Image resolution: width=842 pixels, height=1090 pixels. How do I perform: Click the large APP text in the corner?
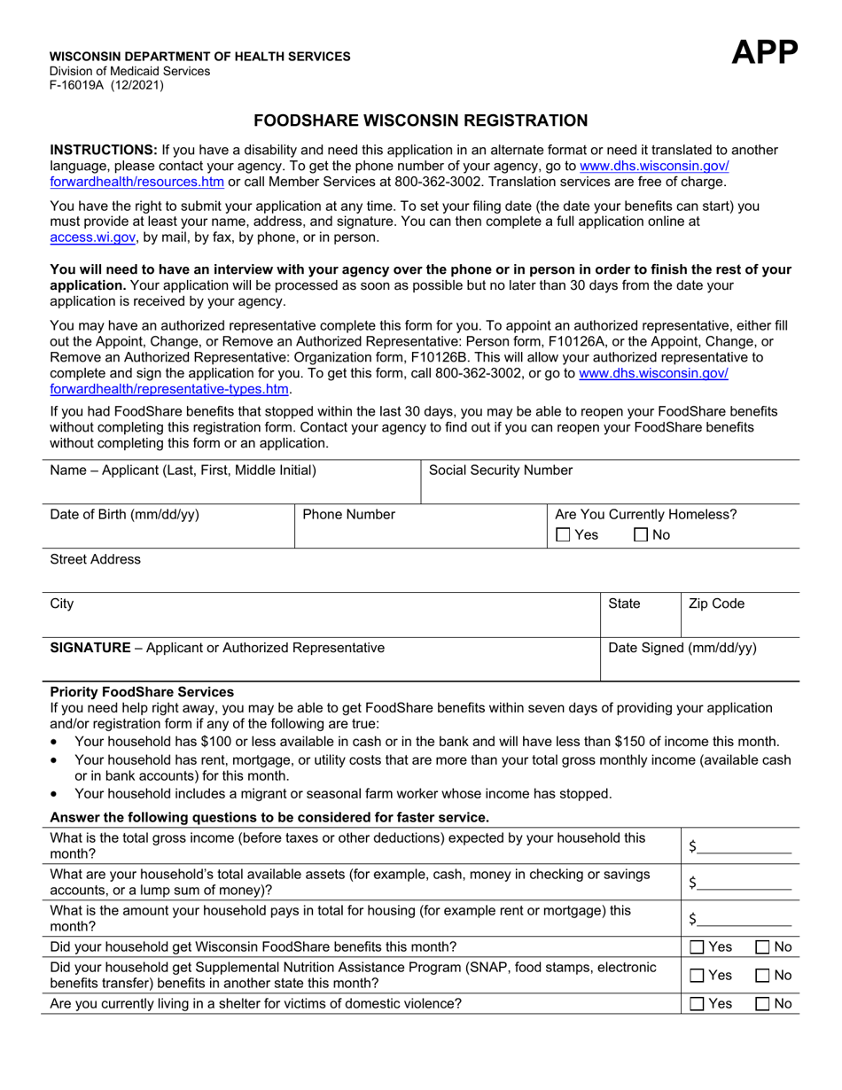pyautogui.click(x=764, y=54)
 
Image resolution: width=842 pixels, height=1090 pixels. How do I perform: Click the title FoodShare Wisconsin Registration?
pyautogui.click(x=421, y=121)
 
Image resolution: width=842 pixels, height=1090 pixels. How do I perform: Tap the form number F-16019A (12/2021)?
pyautogui.click(x=106, y=86)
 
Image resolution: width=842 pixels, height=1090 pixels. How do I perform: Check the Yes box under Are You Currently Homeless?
pyautogui.click(x=563, y=535)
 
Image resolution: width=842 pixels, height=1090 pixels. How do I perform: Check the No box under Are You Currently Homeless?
pyautogui.click(x=642, y=535)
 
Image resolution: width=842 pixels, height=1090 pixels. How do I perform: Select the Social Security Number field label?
pyautogui.click(x=501, y=471)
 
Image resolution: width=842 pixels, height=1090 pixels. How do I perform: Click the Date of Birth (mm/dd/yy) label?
pyautogui.click(x=124, y=515)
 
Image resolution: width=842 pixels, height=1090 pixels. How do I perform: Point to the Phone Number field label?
pyautogui.click(x=349, y=515)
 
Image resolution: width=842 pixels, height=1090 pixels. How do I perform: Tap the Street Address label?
pyautogui.click(x=95, y=559)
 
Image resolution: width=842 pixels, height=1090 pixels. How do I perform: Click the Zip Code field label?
pyautogui.click(x=716, y=603)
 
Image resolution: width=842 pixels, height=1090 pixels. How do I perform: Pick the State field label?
pyautogui.click(x=624, y=603)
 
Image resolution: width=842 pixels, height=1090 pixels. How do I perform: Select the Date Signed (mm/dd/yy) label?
pyautogui.click(x=682, y=648)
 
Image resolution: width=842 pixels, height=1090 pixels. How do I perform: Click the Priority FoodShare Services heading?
pyautogui.click(x=142, y=691)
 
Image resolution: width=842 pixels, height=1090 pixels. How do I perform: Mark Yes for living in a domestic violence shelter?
pyautogui.click(x=698, y=1004)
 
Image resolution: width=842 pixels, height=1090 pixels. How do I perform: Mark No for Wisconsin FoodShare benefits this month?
pyautogui.click(x=762, y=947)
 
